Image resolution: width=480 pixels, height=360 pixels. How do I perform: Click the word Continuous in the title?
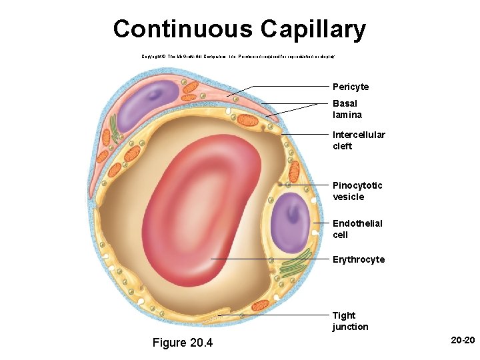[183, 29]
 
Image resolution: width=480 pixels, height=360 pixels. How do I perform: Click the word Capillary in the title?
[313, 29]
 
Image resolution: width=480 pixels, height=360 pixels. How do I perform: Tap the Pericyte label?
[351, 87]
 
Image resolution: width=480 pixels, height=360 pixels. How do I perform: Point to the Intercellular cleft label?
[359, 141]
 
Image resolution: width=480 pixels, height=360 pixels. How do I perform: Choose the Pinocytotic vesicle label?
[357, 191]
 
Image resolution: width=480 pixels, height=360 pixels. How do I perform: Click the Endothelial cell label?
[357, 229]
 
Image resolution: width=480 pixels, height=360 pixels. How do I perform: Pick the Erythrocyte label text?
[359, 259]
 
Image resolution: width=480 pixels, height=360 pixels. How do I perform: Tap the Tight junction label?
[350, 321]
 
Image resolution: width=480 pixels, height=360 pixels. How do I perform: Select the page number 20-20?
[463, 341]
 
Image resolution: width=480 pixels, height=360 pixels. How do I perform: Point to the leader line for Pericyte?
[280, 87]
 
